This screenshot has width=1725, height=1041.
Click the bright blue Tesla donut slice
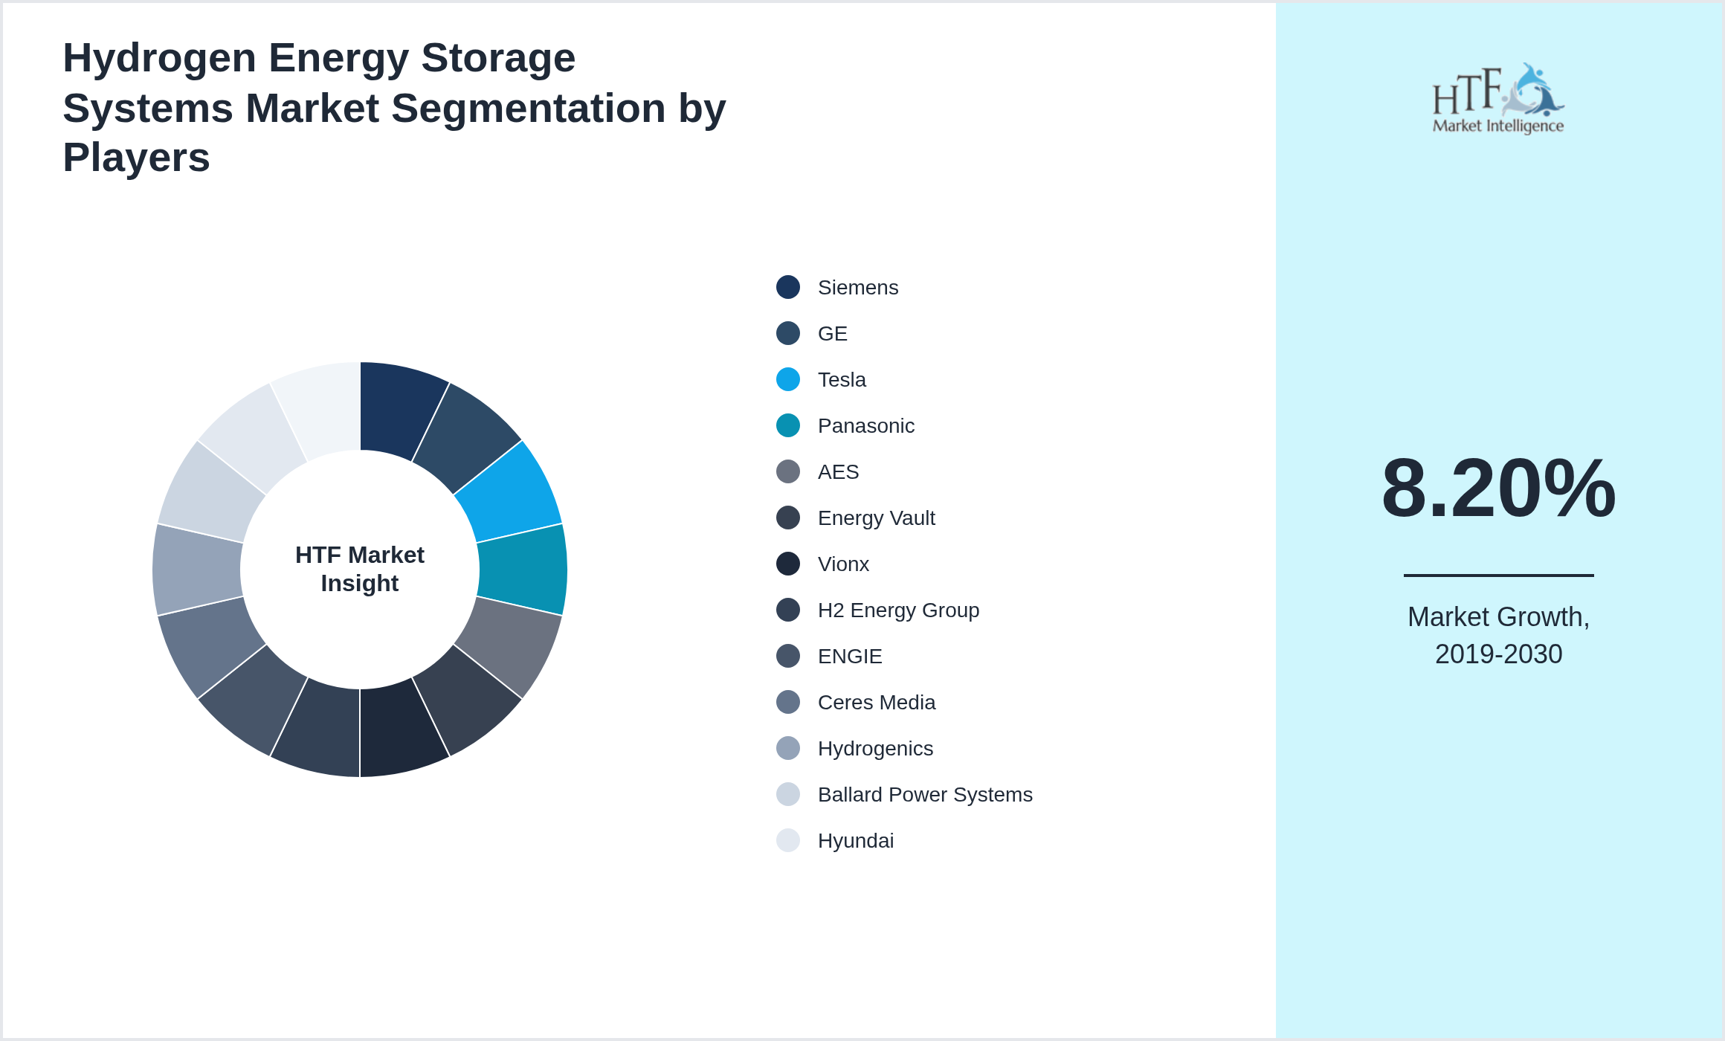513,492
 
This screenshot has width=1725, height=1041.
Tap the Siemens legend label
857,288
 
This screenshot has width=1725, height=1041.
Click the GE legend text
832,334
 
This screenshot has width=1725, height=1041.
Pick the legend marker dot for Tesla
788,379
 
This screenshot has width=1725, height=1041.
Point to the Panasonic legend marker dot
788,425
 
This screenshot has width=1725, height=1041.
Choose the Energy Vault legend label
876,518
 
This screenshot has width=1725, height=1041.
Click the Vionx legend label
843,564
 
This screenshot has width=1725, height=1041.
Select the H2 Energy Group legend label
898,610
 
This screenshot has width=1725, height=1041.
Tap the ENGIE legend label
850,657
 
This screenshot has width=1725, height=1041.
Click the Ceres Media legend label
876,703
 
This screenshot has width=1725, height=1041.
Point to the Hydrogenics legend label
875,749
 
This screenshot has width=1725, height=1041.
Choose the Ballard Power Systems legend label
925,795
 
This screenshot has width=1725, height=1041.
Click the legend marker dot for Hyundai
788,840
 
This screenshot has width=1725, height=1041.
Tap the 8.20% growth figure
1498,489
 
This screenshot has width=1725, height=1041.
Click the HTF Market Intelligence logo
1498,99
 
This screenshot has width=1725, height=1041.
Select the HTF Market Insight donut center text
360,569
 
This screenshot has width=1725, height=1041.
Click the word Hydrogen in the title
159,58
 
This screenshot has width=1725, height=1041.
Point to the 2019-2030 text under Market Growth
1498,654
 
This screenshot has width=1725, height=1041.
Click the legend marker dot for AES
788,471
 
